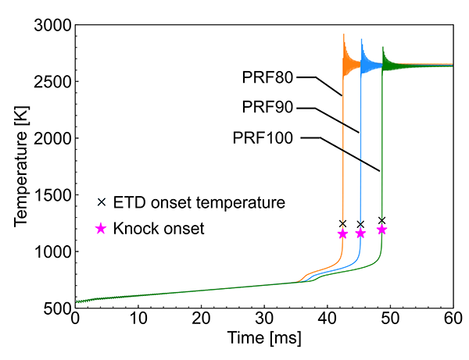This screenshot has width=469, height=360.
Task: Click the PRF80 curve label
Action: point(268,77)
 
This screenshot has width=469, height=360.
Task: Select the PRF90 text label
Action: point(268,108)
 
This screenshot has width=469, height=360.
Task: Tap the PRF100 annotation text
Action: point(263,138)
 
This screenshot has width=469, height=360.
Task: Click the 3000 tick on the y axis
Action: point(52,26)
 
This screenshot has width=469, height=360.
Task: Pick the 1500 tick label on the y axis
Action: point(52,195)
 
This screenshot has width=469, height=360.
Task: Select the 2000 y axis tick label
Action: point(52,139)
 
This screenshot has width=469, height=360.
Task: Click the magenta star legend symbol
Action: point(100,230)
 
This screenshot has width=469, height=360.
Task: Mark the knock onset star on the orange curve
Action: point(342,233)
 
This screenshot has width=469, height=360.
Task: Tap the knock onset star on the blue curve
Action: point(360,233)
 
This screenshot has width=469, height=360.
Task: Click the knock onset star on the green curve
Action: point(381,230)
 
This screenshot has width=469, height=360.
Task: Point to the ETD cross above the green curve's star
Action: point(381,220)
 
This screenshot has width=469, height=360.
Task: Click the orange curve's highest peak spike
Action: point(344,35)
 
